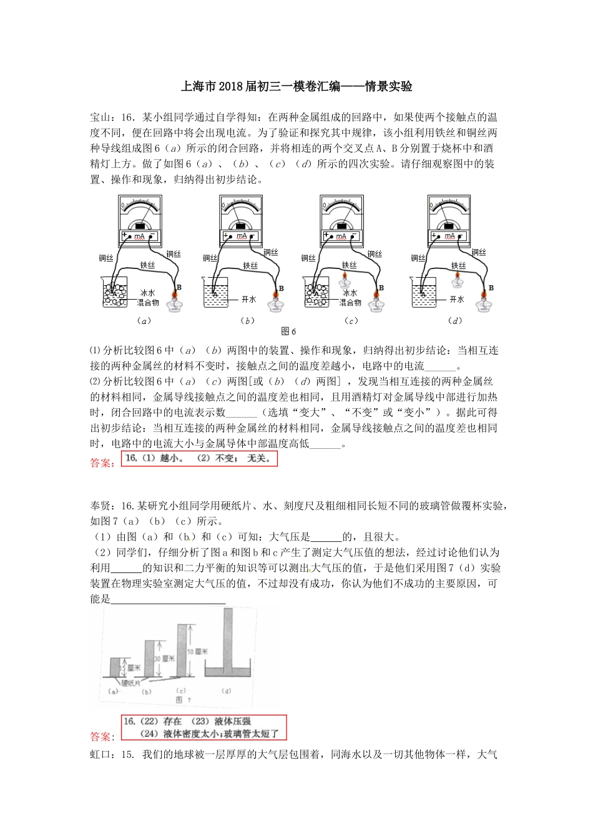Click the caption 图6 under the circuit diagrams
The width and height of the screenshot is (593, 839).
289,331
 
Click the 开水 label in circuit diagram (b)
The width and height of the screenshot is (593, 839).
249,300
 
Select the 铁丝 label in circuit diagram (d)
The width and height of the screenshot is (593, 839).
464,265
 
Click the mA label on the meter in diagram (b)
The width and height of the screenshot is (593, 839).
241,237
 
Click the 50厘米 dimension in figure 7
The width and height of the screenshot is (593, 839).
200,650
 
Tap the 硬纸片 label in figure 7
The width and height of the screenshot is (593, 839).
132,682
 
